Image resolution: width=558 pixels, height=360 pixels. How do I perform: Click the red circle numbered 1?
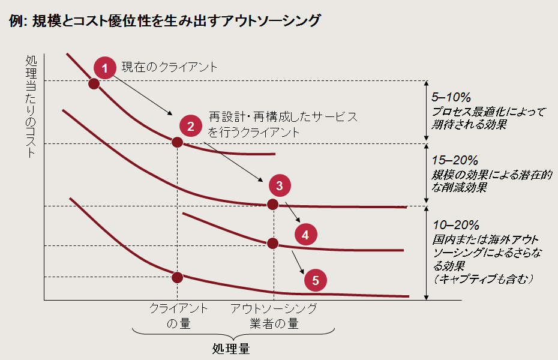point(105,68)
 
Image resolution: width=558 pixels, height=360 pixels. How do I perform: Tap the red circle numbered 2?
point(190,126)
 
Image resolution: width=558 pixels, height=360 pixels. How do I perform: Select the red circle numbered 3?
point(280,185)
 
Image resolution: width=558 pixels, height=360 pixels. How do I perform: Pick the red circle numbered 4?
point(305,235)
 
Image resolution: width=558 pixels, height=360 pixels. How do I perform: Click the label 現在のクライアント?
point(169,67)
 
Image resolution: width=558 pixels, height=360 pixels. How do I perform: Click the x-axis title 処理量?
point(231,349)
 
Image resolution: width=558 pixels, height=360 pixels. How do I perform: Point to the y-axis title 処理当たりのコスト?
point(32,106)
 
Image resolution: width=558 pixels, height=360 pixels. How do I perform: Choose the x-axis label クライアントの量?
point(178,316)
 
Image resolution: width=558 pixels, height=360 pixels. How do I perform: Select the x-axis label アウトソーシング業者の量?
point(274,316)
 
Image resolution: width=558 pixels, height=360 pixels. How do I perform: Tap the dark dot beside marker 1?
point(94,83)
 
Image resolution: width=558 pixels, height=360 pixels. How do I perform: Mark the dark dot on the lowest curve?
point(177,277)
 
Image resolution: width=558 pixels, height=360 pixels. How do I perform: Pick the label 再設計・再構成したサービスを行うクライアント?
point(282,124)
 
